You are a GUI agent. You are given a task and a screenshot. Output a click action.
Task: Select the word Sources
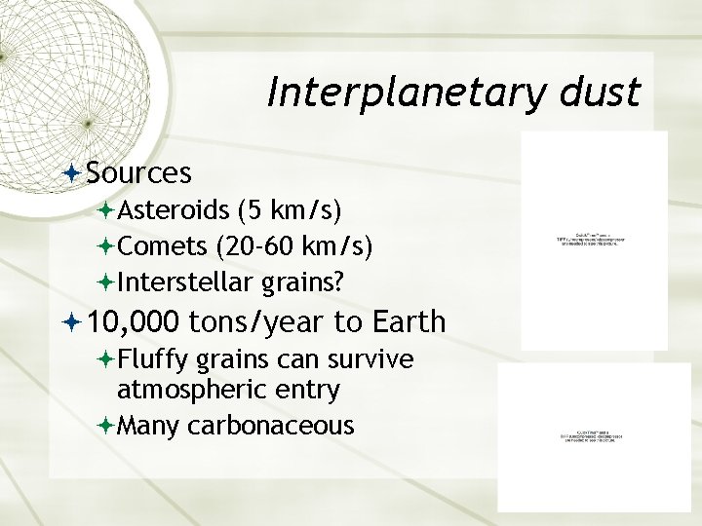(x=137, y=172)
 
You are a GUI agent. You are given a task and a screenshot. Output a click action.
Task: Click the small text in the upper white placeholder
(x=594, y=238)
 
